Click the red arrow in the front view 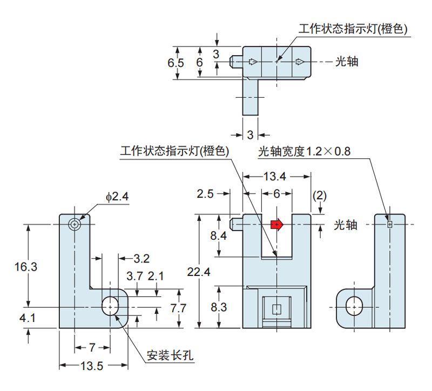(x=276, y=224)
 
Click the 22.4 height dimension (x=199, y=272)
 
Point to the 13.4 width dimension (x=276, y=176)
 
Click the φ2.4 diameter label (x=117, y=198)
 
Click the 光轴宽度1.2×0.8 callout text (x=305, y=152)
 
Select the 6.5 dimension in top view (x=176, y=63)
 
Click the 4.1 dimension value (x=27, y=318)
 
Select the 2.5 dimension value (x=206, y=193)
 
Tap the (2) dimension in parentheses (x=320, y=195)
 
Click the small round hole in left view (x=75, y=224)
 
